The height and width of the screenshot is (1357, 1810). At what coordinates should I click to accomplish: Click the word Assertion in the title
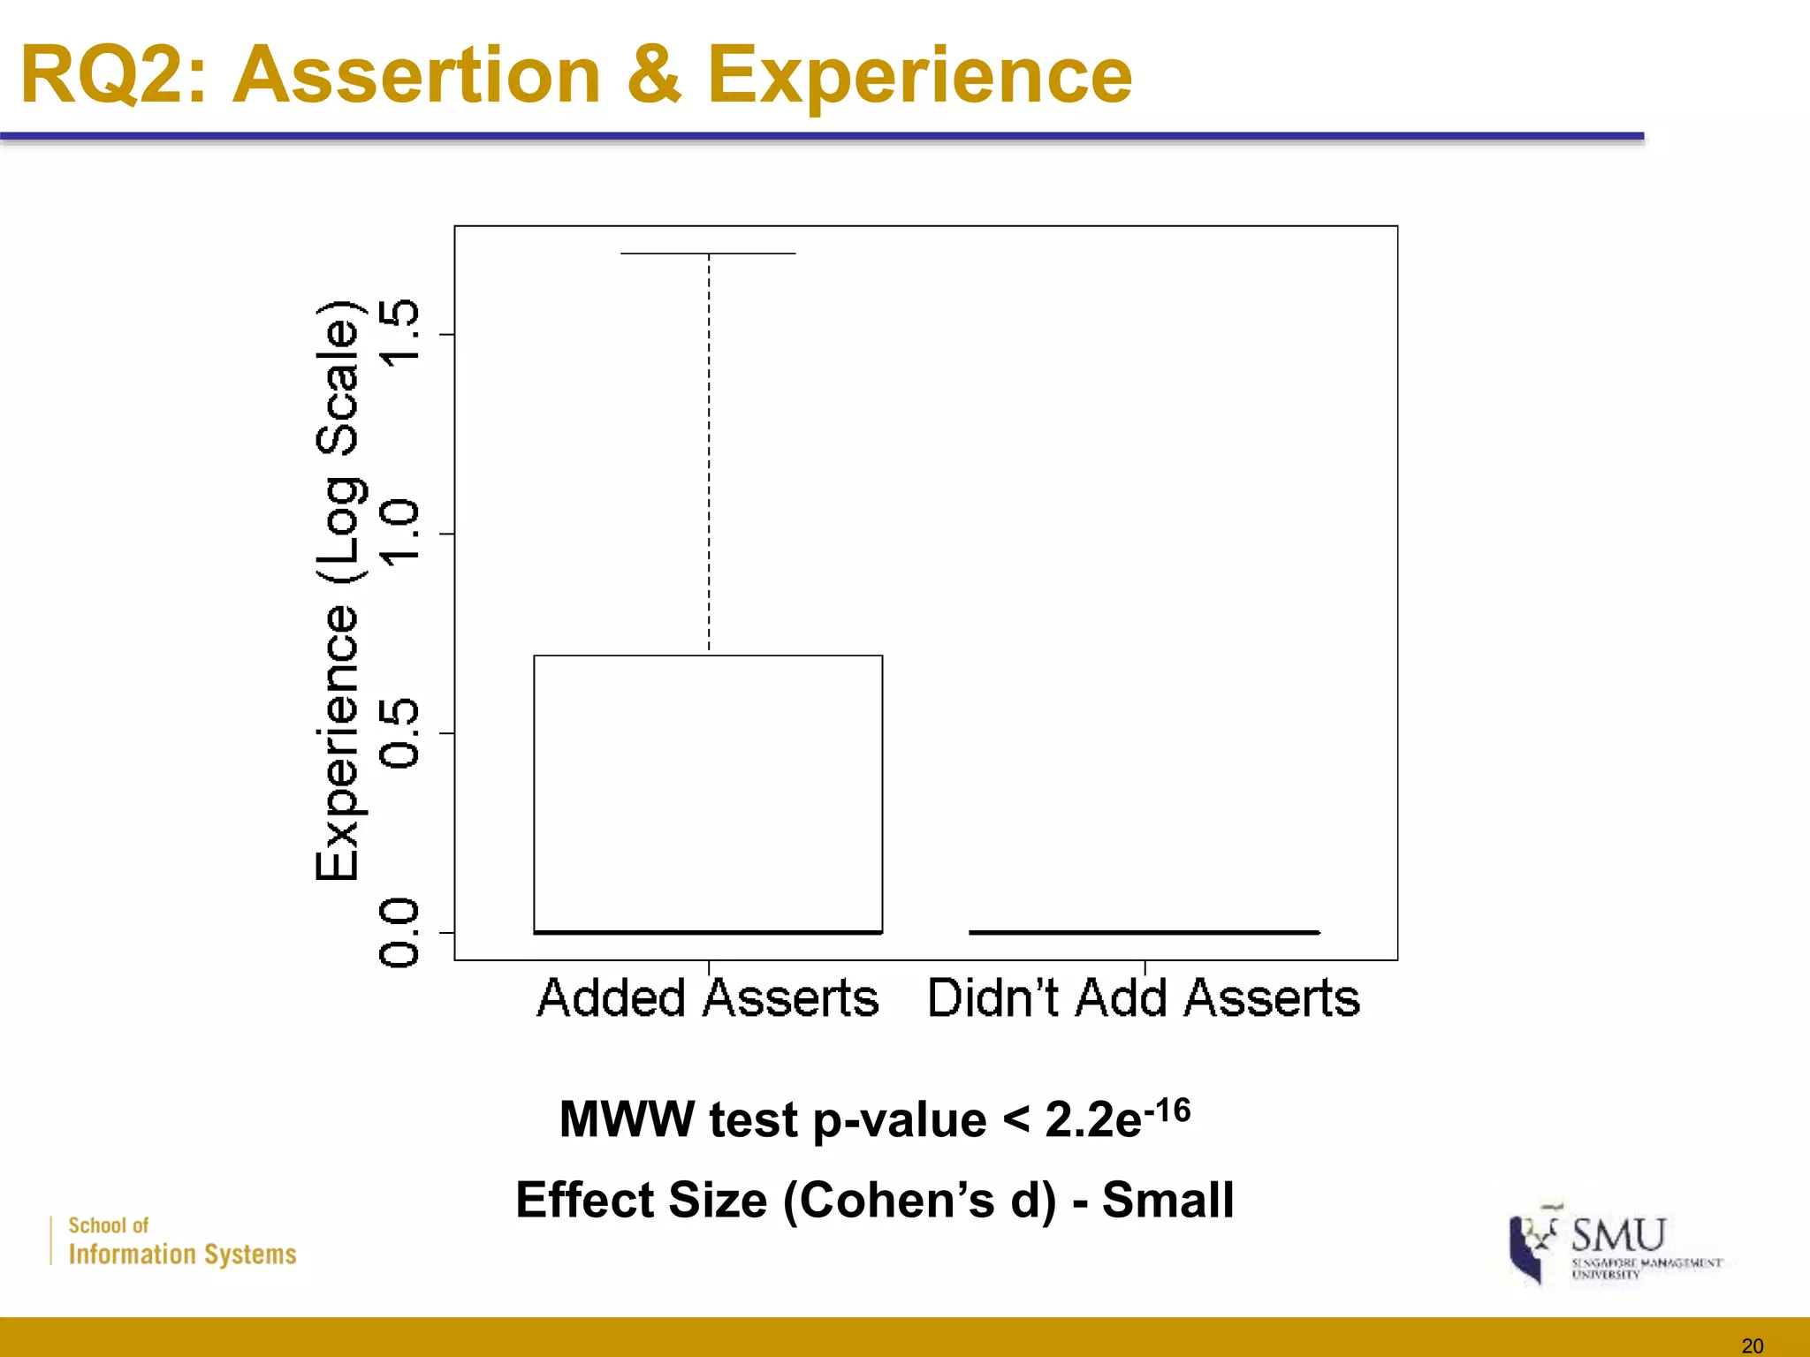coord(419,76)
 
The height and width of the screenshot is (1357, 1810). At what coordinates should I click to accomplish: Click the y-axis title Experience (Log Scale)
coord(338,590)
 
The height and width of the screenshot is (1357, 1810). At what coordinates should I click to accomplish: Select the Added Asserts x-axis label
coord(708,998)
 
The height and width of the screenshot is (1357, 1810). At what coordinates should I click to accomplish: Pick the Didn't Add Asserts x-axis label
coord(1144,998)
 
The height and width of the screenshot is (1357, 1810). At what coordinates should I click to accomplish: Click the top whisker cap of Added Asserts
coord(708,254)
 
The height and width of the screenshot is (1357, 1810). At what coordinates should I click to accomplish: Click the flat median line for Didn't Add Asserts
coord(1144,932)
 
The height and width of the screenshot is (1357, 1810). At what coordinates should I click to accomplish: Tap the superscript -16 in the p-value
coord(1167,1110)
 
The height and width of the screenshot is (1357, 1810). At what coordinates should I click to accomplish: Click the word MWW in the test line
coord(627,1119)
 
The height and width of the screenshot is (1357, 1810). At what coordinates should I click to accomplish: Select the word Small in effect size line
coord(1167,1200)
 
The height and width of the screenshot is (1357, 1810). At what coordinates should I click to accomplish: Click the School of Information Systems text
coord(181,1241)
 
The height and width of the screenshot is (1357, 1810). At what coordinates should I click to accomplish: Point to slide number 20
coord(1752,1346)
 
